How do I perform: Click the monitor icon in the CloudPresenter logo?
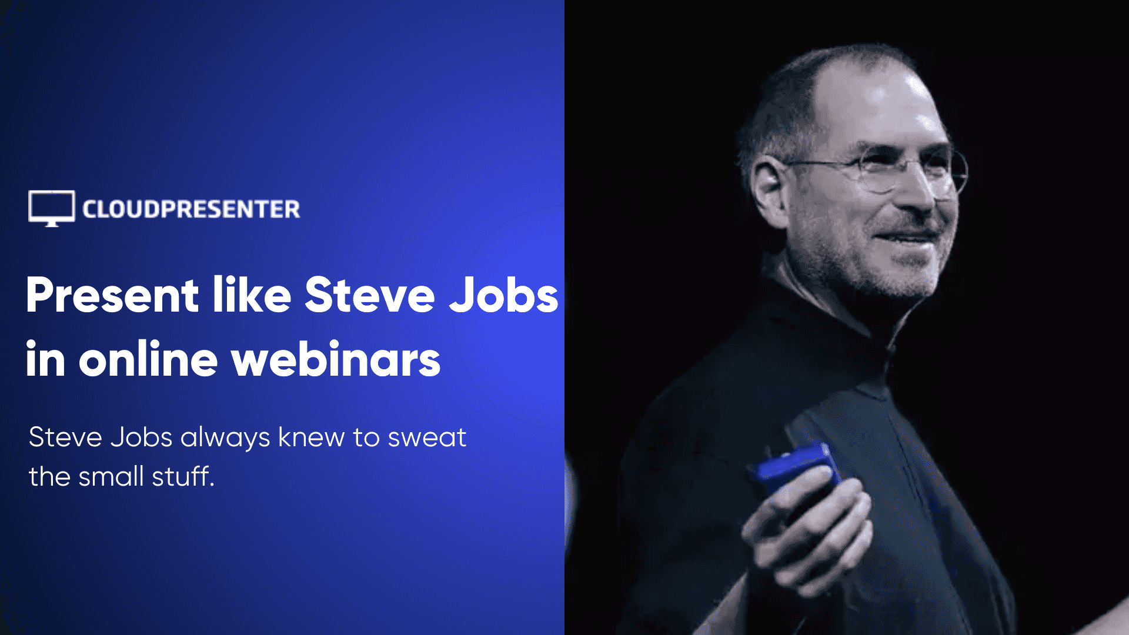(52, 208)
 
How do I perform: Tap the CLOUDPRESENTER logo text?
(191, 209)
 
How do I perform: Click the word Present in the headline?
(112, 295)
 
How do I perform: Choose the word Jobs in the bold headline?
(503, 295)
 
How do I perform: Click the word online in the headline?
(148, 359)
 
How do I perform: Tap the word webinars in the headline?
(336, 359)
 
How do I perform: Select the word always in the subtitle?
(225, 437)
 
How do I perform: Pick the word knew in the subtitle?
(311, 437)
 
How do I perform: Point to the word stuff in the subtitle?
(183, 476)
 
